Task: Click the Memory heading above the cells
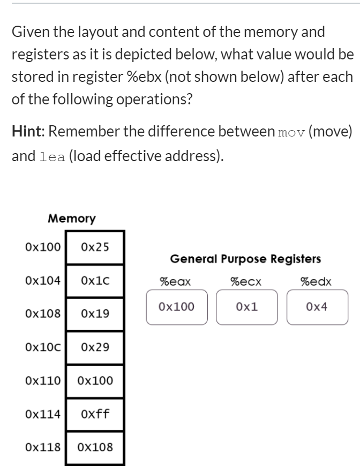(x=72, y=218)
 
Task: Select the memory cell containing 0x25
(x=95, y=247)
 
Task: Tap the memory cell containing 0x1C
(x=95, y=280)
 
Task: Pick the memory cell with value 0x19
(x=95, y=314)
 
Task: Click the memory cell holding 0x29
(x=95, y=347)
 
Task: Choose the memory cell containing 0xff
(x=95, y=414)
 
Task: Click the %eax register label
(x=175, y=282)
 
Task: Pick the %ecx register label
(x=245, y=282)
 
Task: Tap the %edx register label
(x=316, y=282)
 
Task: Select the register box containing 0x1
(x=246, y=307)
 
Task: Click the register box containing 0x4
(x=317, y=307)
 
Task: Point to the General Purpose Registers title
(x=245, y=260)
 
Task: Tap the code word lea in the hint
(x=52, y=157)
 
